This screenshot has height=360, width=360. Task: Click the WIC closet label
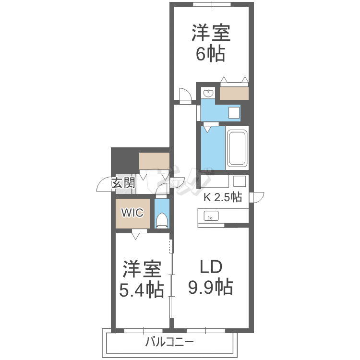pyautogui.click(x=132, y=213)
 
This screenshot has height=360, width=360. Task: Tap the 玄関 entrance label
pyautogui.click(x=123, y=183)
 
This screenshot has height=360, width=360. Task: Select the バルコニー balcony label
pyautogui.click(x=169, y=342)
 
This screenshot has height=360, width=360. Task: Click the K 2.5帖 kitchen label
pyautogui.click(x=223, y=197)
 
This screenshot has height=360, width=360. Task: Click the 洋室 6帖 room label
pyautogui.click(x=211, y=43)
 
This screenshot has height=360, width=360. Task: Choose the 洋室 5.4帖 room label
pyautogui.click(x=142, y=279)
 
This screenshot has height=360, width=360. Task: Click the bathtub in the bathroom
pyautogui.click(x=237, y=148)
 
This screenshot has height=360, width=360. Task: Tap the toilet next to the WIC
pyautogui.click(x=162, y=220)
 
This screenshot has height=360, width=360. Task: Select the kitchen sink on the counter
pyautogui.click(x=211, y=216)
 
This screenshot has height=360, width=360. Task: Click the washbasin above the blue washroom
pyautogui.click(x=208, y=93)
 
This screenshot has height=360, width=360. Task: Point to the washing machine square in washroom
pyautogui.click(x=234, y=113)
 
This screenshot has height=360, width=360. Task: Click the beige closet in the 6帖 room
pyautogui.click(x=234, y=93)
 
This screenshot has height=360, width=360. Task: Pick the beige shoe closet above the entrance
pyautogui.click(x=154, y=161)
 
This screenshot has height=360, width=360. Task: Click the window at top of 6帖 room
pyautogui.click(x=212, y=4)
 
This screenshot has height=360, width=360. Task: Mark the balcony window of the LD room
pyautogui.click(x=206, y=331)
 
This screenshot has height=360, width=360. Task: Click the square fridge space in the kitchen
pyautogui.click(x=239, y=181)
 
